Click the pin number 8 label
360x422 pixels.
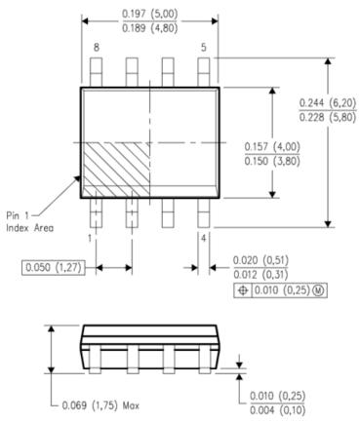[x=97, y=48]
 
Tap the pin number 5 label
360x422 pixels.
[x=203, y=48]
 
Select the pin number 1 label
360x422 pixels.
[x=90, y=239]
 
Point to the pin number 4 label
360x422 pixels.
[x=203, y=239]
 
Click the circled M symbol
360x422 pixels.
[x=318, y=290]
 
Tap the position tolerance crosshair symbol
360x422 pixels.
[x=243, y=290]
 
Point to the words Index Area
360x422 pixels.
[x=29, y=228]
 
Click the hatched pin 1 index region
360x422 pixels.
[x=117, y=170]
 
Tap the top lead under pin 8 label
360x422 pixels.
[x=97, y=72]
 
